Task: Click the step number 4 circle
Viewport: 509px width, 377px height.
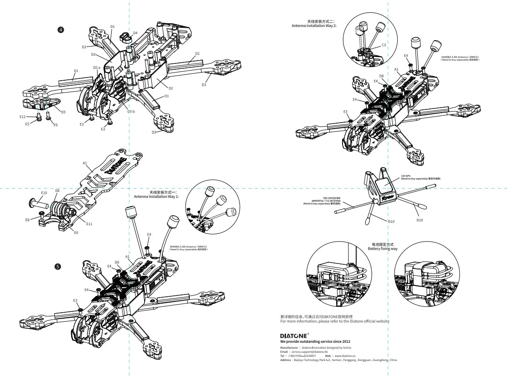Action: click(61, 30)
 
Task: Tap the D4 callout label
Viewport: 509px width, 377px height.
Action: click(135, 33)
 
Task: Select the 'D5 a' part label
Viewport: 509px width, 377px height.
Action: click(96, 67)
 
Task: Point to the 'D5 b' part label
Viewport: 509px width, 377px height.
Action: click(131, 112)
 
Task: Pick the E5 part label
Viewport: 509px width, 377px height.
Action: click(27, 124)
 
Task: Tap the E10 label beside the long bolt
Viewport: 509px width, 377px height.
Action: click(44, 193)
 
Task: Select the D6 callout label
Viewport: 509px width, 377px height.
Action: click(57, 191)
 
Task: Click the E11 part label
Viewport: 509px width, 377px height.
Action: click(89, 224)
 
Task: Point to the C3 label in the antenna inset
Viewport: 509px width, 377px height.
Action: click(384, 45)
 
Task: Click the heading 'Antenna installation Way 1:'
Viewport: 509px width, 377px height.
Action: click(156, 196)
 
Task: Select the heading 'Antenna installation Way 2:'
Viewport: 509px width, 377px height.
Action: click(314, 26)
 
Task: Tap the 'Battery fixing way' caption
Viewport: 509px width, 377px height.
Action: click(383, 249)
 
